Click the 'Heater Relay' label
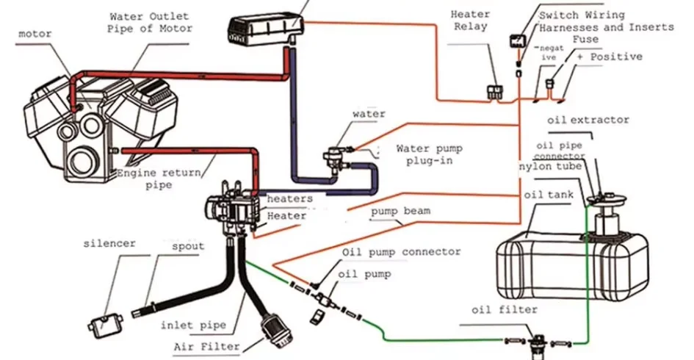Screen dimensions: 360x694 pos(470,21)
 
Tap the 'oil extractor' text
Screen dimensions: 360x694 pos(588,119)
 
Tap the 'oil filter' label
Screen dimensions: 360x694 pos(505,310)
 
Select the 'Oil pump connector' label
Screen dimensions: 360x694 pos(402,252)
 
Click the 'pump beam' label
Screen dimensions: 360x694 pos(400,211)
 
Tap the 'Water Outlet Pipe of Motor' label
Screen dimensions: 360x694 pos(150,22)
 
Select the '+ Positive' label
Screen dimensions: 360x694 pos(610,57)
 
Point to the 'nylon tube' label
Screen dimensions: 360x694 pos(550,167)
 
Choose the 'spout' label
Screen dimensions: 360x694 pos(187,246)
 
